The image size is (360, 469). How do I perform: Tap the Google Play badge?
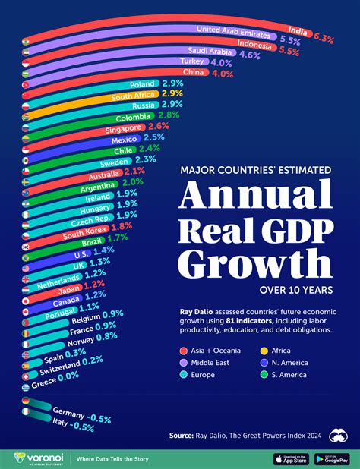[330, 458]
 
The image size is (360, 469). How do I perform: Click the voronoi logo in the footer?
[39, 458]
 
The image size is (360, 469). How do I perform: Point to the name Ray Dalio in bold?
[191, 311]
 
